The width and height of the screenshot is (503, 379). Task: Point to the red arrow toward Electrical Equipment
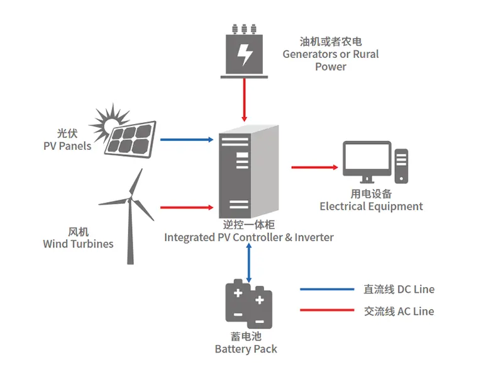point(314,167)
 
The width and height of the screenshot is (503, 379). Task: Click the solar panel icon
point(130,137)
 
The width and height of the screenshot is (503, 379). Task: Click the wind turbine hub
point(131,201)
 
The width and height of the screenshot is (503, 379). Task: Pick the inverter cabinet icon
point(246,171)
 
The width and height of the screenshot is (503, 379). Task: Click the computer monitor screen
point(366,159)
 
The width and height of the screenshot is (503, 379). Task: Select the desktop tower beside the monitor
point(401,167)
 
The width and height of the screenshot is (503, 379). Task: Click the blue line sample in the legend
point(326,290)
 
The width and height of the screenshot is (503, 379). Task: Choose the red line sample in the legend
point(326,310)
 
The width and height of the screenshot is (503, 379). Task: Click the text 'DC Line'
point(416,290)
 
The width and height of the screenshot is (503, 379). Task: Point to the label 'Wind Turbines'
point(78,244)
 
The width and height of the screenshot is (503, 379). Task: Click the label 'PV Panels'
point(67,146)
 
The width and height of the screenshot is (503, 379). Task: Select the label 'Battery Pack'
point(246,349)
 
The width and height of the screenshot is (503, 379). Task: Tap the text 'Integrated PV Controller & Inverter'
point(249,237)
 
